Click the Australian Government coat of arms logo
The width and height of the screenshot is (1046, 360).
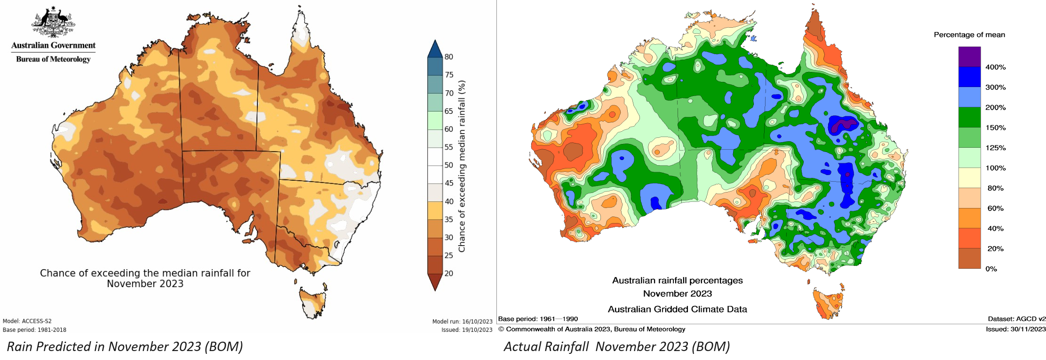[x=53, y=23]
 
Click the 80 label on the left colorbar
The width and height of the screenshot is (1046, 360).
[x=449, y=57]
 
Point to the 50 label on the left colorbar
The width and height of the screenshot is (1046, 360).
[x=449, y=165]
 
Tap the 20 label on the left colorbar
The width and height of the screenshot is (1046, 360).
[x=449, y=273]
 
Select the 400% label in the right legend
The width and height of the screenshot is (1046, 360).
[x=995, y=67]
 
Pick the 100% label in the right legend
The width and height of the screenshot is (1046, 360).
[x=995, y=168]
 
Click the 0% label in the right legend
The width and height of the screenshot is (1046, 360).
[x=991, y=269]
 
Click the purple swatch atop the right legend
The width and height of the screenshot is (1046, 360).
[x=969, y=56]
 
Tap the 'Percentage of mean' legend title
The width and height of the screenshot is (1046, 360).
[x=969, y=35]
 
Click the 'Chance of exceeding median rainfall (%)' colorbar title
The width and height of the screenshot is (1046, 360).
[x=462, y=166]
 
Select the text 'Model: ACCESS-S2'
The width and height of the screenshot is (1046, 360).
[x=27, y=321]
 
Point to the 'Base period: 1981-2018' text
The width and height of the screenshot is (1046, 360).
[x=34, y=330]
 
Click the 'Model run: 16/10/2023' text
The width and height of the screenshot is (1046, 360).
[x=462, y=321]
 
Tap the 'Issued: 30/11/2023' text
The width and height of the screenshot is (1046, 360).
[x=1015, y=329]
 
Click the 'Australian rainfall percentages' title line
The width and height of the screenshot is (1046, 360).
[x=677, y=280]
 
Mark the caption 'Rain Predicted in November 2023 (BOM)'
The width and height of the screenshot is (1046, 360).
[x=125, y=347]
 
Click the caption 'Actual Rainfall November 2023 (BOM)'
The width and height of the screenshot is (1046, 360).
[x=616, y=347]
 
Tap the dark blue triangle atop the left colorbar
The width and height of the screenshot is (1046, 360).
[x=435, y=49]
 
